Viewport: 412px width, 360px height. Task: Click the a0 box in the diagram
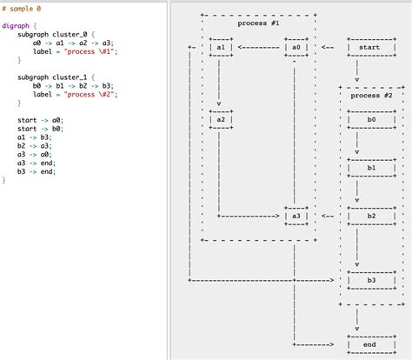tap(296, 47)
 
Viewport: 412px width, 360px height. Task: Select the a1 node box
tap(220, 47)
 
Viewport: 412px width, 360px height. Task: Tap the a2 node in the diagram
tap(220, 119)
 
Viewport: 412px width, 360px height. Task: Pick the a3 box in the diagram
tap(296, 216)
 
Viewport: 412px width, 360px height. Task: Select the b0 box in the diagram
tap(371, 119)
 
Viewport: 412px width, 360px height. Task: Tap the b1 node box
tap(371, 168)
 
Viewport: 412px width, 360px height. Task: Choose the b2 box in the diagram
tap(371, 216)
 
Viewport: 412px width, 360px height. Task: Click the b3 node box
tap(371, 280)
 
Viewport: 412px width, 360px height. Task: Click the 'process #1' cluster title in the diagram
tap(258, 23)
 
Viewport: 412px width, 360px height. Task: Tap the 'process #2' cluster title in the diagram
tap(371, 96)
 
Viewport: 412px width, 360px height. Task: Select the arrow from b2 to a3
tap(328, 216)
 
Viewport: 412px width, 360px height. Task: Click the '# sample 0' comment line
tap(21, 8)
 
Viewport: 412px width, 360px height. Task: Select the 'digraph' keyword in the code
tap(17, 25)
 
